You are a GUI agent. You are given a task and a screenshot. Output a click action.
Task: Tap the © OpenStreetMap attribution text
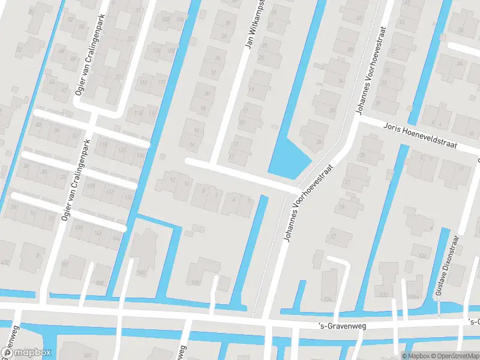tap(450, 356)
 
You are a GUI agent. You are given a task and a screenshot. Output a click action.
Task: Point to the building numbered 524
tap(328, 298)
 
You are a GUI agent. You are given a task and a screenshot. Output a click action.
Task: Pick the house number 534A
tap(413, 296)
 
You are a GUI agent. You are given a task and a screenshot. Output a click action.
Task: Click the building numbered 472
tap(6, 262)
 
